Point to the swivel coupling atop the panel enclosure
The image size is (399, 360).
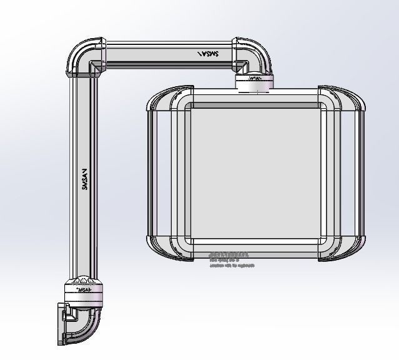click(x=255, y=82)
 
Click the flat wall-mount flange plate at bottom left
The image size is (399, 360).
click(x=61, y=324)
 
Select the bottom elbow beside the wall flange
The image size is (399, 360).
click(x=84, y=325)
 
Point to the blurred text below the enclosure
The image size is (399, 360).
click(x=230, y=259)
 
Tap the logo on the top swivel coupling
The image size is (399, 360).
click(x=254, y=79)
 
